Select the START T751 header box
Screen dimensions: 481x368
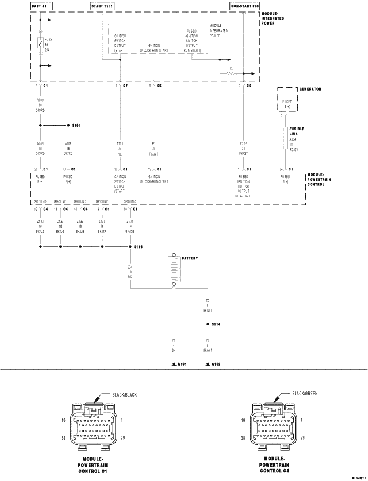coord(102,5)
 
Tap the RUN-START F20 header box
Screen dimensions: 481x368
coord(244,5)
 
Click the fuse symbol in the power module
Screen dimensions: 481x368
coord(40,42)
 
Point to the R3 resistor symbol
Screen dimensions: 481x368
coord(232,73)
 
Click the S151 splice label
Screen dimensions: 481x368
coord(76,125)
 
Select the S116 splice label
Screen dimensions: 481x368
coord(138,246)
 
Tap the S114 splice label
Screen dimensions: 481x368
coord(216,324)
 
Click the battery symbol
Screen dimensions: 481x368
coord(174,270)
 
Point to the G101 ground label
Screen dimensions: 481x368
coord(182,365)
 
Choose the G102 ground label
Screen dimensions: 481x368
coord(216,365)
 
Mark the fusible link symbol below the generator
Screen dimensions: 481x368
coord(285,138)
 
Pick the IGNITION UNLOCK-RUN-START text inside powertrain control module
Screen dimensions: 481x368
coord(154,180)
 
